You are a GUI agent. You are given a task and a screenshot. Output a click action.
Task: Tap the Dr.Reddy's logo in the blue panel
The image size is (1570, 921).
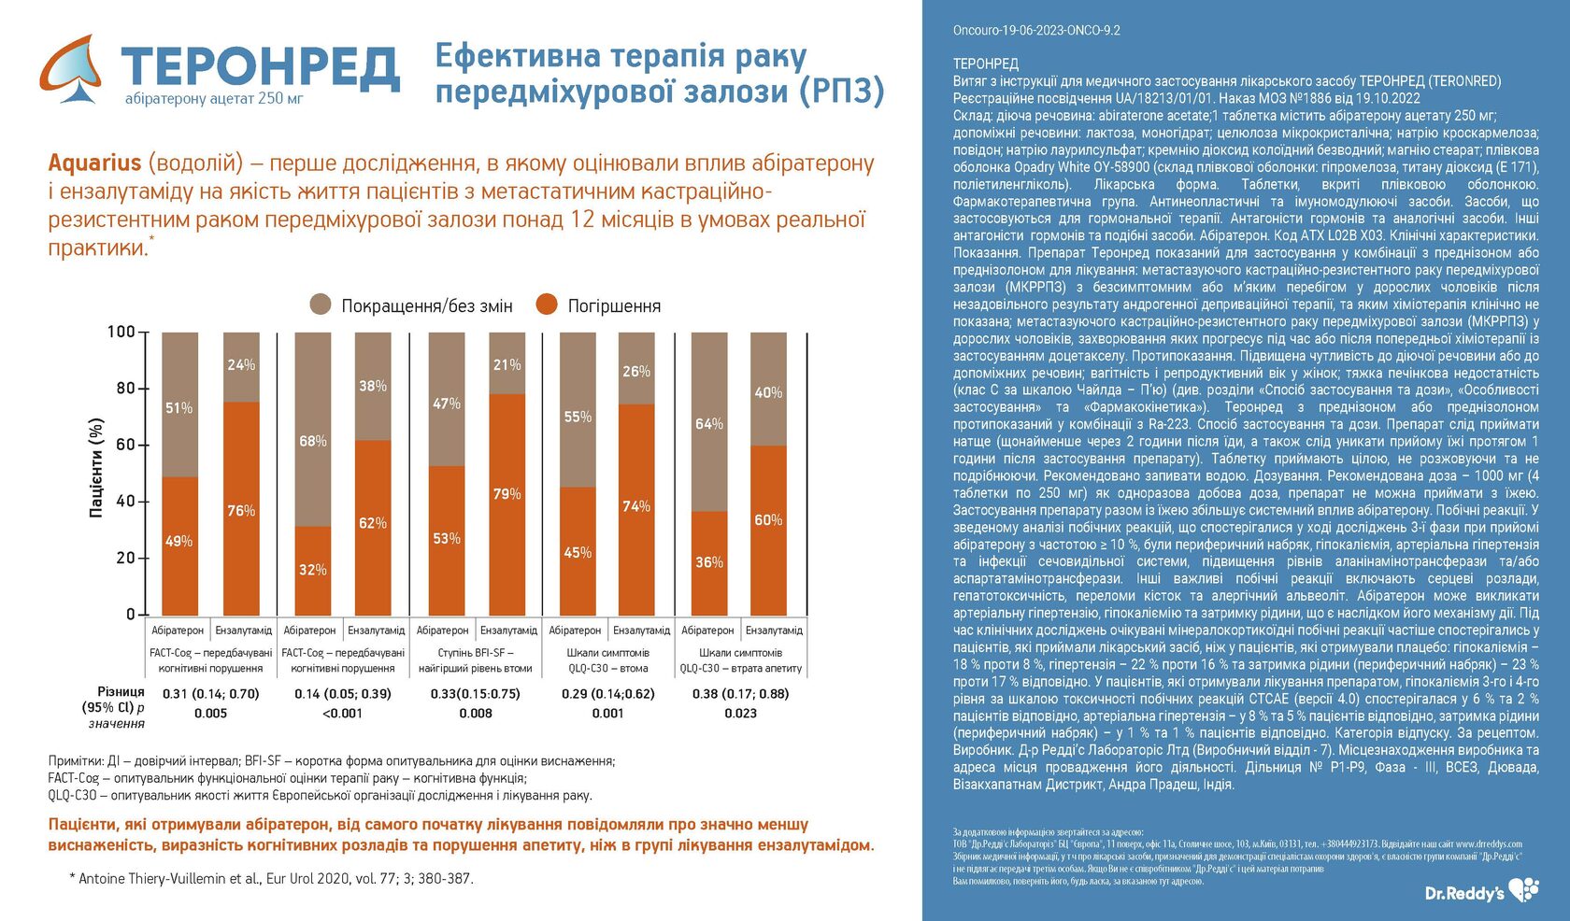(x=1481, y=891)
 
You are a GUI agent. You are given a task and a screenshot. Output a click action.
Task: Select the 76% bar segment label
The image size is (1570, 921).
(x=241, y=511)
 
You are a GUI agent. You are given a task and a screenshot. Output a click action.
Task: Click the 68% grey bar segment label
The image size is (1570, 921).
(x=312, y=441)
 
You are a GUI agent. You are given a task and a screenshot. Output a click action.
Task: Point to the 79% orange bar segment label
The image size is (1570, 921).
(x=507, y=494)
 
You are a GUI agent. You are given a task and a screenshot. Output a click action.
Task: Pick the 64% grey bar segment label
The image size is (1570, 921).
(x=708, y=424)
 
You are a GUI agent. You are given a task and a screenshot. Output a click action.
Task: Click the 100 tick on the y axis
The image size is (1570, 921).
(x=121, y=332)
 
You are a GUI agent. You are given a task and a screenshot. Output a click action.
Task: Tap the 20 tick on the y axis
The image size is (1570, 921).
(x=126, y=558)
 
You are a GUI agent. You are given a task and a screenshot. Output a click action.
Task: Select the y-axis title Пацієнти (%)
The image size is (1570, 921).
(x=95, y=467)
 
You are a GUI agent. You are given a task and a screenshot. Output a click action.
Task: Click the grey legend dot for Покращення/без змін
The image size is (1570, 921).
(x=321, y=305)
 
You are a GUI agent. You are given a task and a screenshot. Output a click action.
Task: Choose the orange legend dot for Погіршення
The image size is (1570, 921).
(x=547, y=305)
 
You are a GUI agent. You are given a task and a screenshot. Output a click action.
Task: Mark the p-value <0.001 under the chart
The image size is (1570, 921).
(x=342, y=714)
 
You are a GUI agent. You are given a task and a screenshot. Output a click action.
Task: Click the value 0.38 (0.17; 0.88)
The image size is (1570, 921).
(x=740, y=694)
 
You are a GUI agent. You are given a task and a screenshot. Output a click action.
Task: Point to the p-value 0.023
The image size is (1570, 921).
(x=740, y=714)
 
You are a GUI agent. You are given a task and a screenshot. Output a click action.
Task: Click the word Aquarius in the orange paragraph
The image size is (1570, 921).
(x=94, y=163)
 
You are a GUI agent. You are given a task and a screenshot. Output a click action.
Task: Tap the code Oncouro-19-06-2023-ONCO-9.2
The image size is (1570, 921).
(x=1036, y=30)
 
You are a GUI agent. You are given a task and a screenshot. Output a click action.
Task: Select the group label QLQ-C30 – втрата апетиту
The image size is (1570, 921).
(x=740, y=669)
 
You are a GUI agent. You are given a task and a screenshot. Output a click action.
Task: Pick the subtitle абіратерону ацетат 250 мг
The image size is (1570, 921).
(x=214, y=98)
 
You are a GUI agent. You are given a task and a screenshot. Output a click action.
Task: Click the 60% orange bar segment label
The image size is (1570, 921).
(x=768, y=520)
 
